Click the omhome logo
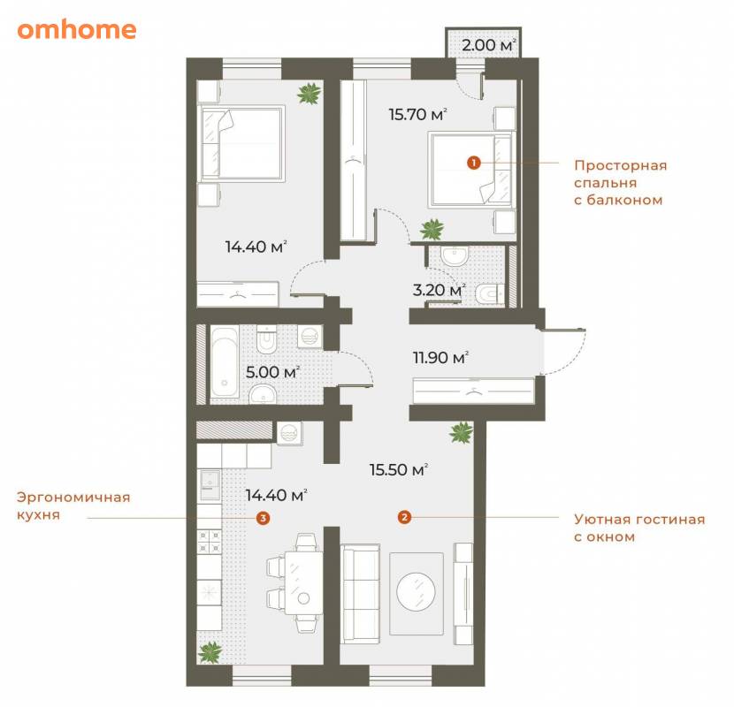[77, 30]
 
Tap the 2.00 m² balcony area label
[489, 45]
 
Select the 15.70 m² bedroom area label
[417, 114]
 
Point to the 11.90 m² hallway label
[440, 358]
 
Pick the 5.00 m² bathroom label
[272, 372]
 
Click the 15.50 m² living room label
[399, 470]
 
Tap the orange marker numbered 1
[474, 163]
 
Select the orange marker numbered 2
[404, 518]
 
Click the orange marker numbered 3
[263, 518]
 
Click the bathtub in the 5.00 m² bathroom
[225, 363]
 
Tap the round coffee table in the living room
[417, 591]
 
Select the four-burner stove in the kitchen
[209, 542]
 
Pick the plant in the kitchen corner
[210, 652]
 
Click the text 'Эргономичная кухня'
[73, 506]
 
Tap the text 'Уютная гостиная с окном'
[639, 528]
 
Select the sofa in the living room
[360, 594]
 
